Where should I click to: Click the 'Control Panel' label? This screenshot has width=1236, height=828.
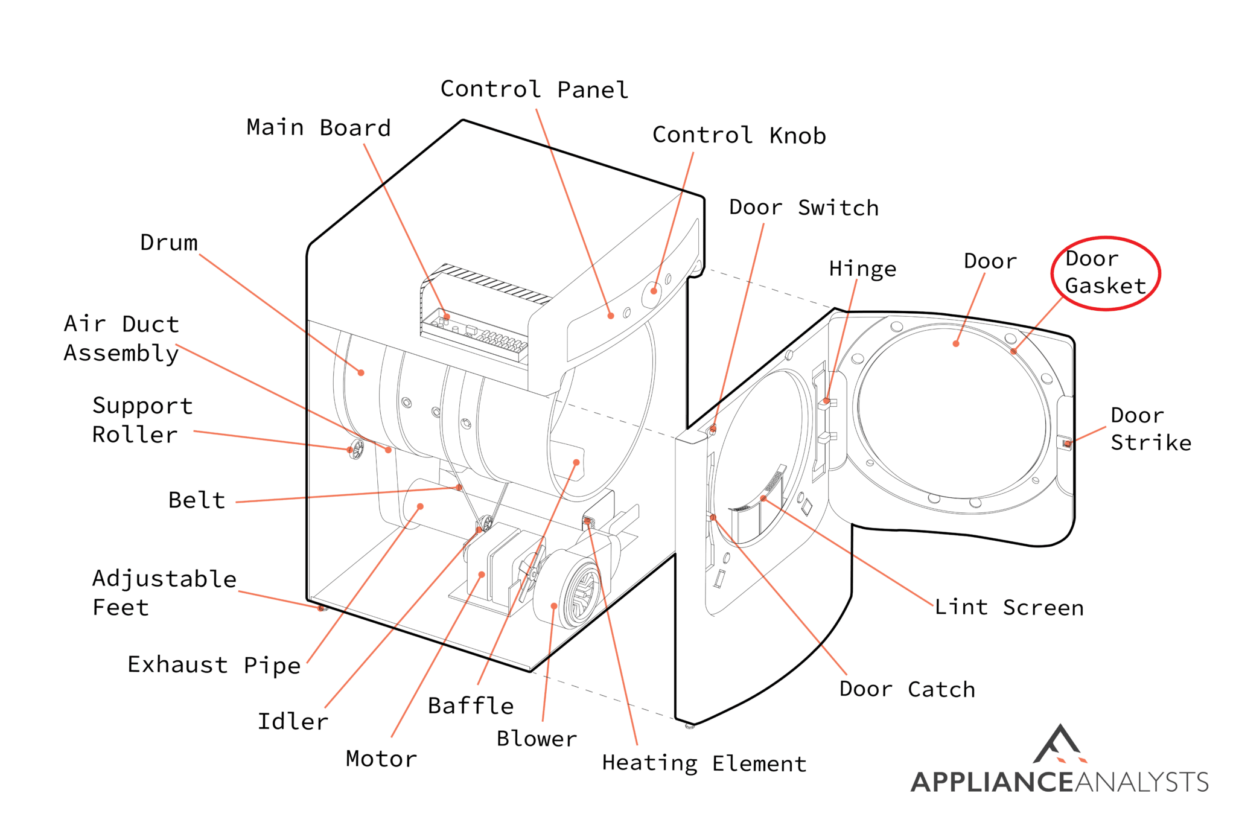tap(534, 89)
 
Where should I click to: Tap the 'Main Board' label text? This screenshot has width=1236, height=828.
tap(319, 128)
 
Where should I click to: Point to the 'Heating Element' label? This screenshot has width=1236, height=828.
tap(704, 763)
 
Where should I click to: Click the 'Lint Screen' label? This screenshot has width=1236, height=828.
tap(1009, 607)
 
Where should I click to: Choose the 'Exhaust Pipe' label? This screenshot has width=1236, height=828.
tap(214, 665)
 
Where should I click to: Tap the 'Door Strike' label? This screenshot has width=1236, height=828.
tap(1150, 429)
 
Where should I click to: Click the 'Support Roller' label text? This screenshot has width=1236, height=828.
tap(142, 420)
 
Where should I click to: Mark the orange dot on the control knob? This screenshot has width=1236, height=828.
tap(654, 291)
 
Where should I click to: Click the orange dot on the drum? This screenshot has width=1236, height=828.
tap(361, 373)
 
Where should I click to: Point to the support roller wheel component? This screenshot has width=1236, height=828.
tap(357, 449)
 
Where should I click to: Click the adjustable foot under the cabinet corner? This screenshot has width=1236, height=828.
tap(322, 608)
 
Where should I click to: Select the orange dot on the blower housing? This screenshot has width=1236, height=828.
tap(553, 606)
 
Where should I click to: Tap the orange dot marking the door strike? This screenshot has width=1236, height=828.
tap(1067, 444)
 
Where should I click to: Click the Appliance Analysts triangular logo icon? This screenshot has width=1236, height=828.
tap(1060, 745)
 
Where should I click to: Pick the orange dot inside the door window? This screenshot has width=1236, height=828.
tap(955, 344)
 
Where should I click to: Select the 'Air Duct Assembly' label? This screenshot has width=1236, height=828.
tap(121, 339)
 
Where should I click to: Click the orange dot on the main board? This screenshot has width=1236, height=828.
tap(447, 316)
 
